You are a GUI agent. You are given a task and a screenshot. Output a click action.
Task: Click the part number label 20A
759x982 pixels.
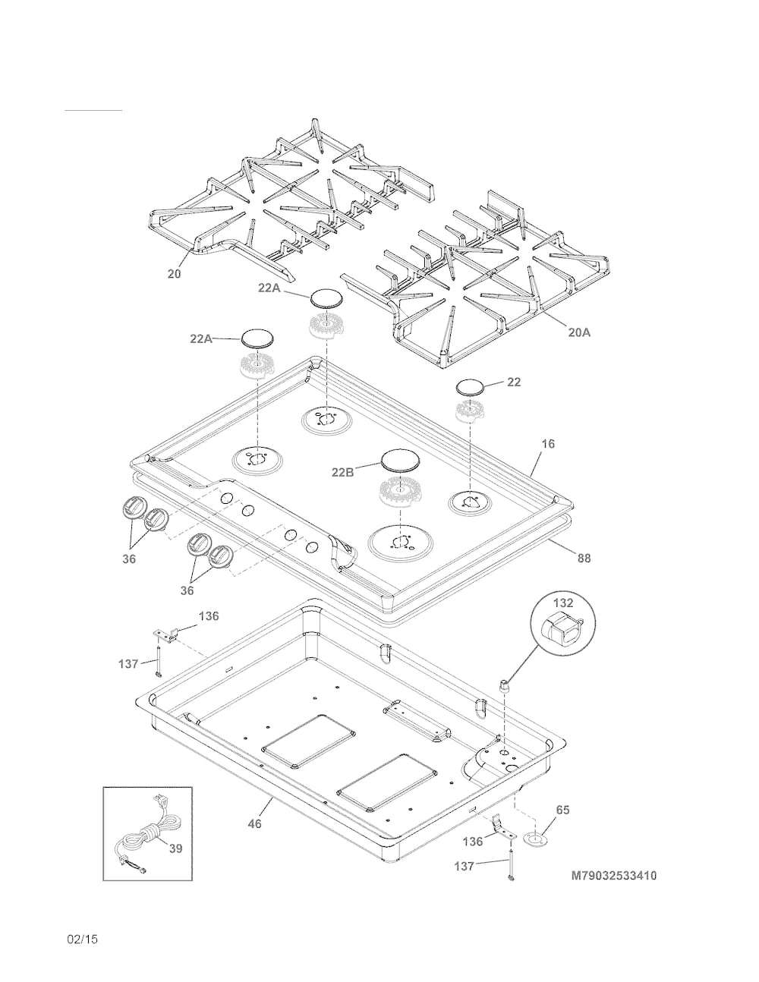click(580, 333)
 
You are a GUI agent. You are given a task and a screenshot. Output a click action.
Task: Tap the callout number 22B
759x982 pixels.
click(343, 472)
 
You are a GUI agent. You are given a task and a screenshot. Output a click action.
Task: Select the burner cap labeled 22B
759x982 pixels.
click(401, 461)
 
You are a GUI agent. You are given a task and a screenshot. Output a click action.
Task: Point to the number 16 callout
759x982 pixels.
click(548, 444)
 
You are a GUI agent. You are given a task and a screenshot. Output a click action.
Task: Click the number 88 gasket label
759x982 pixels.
click(584, 559)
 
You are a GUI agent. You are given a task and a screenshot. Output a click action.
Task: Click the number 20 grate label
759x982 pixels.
click(174, 274)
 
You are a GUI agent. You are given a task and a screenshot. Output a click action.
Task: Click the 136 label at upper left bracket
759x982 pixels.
click(209, 615)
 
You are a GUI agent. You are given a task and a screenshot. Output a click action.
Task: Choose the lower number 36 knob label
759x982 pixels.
click(187, 590)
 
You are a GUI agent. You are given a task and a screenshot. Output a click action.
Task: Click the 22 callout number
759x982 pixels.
click(514, 382)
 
